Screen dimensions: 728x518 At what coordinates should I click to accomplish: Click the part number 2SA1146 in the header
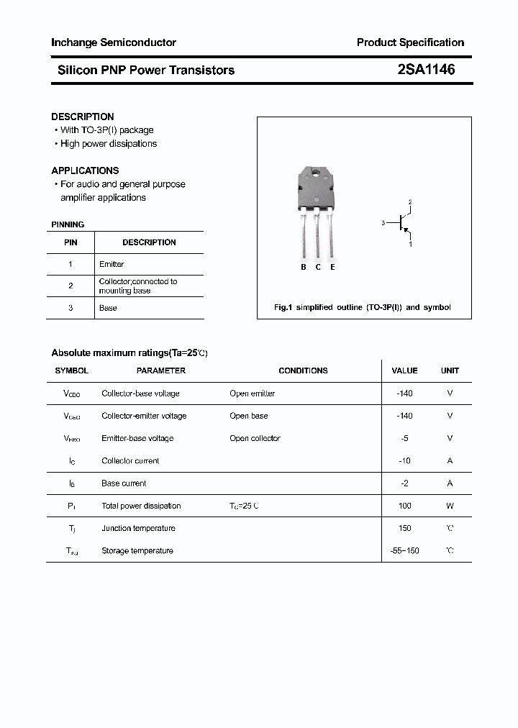(425, 70)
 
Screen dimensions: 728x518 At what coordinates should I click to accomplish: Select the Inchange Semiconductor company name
(114, 42)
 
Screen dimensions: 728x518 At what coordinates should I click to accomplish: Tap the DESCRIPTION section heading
(83, 117)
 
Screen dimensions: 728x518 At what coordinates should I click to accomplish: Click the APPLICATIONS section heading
(85, 170)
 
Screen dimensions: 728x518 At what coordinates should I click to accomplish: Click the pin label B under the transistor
(304, 267)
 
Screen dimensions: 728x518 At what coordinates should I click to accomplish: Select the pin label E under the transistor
(332, 267)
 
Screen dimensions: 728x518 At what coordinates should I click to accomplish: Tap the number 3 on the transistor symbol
(383, 224)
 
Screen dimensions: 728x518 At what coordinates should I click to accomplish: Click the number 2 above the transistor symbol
(410, 202)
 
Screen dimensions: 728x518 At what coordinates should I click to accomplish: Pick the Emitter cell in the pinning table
(112, 264)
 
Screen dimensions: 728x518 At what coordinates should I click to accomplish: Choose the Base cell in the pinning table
(108, 308)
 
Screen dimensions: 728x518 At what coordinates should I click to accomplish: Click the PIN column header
(71, 242)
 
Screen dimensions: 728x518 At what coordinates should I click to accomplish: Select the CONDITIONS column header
(303, 370)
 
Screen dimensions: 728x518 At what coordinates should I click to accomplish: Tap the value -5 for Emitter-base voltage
(404, 438)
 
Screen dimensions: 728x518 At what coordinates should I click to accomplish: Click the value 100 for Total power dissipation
(404, 506)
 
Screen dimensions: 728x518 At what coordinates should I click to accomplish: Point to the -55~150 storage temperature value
(404, 551)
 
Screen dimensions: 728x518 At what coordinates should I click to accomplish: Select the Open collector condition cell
(255, 438)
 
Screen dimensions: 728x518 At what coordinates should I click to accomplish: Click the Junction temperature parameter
(138, 528)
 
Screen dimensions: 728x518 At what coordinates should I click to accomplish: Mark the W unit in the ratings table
(450, 506)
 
